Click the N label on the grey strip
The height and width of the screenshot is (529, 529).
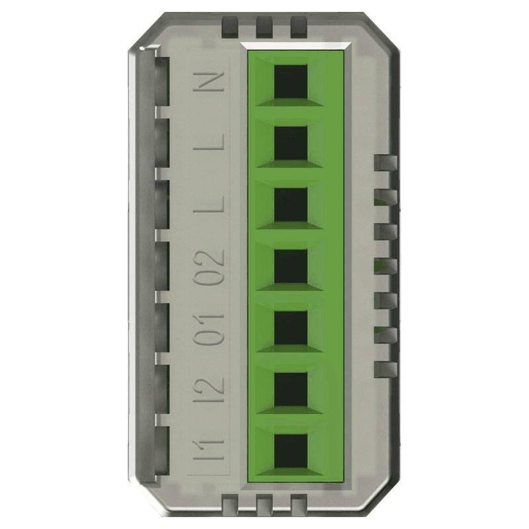208,81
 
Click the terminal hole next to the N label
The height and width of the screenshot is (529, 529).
290,81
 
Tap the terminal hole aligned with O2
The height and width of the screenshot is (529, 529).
290,266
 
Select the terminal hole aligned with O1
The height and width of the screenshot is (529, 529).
290,327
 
